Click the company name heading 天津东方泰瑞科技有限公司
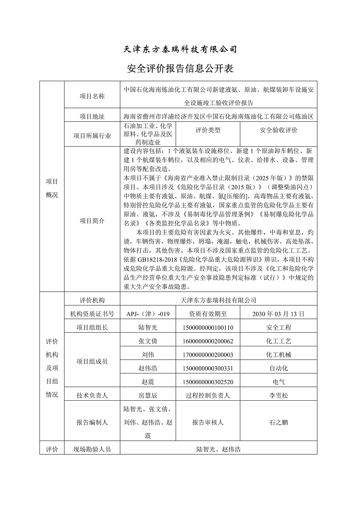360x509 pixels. coord(180,49)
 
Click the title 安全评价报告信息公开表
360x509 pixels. coord(180,68)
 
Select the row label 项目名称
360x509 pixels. coord(92,96)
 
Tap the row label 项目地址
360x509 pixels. coord(92,117)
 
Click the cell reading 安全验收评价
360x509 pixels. coord(279,130)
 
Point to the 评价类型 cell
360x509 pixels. coord(208,130)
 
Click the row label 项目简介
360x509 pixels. coord(92,221)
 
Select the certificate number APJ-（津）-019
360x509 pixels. coord(148,314)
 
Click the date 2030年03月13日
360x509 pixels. coord(279,314)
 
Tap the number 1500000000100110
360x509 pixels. coord(208,328)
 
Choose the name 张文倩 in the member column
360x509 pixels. coord(148,341)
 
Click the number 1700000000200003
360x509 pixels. coord(208,355)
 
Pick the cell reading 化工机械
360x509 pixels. coord(279,355)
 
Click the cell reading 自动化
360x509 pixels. coord(279,368)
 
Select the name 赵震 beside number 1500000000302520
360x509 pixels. coord(148,382)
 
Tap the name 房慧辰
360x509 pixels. coord(148,395)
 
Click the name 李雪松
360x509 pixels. coord(279,395)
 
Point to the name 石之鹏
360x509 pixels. coord(279,422)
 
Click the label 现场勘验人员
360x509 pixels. coord(92,449)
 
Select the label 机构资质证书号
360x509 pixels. coord(92,314)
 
